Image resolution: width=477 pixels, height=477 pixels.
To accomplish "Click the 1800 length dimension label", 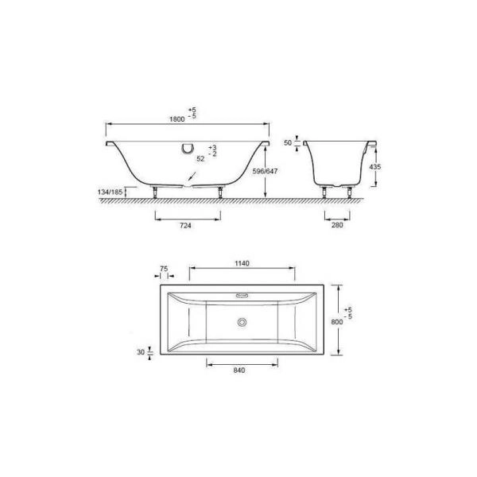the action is coord(177,119).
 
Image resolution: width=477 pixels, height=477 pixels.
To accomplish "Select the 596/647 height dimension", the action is coord(265,171).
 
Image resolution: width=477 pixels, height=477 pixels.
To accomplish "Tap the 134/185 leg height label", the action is coord(110,192).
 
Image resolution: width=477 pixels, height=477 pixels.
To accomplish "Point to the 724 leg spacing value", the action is coord(185,226).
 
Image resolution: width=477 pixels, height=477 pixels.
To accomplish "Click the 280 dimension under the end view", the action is coord(337,225).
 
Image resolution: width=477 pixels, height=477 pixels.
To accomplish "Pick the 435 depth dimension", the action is coord(374,167).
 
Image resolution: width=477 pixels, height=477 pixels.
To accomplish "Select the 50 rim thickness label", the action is coord(288,142).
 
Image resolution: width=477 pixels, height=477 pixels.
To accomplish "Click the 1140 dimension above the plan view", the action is coord(242,263).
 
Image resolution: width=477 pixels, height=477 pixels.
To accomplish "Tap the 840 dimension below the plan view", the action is coord(239,370).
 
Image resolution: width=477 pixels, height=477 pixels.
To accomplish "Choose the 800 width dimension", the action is coord(337,321).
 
